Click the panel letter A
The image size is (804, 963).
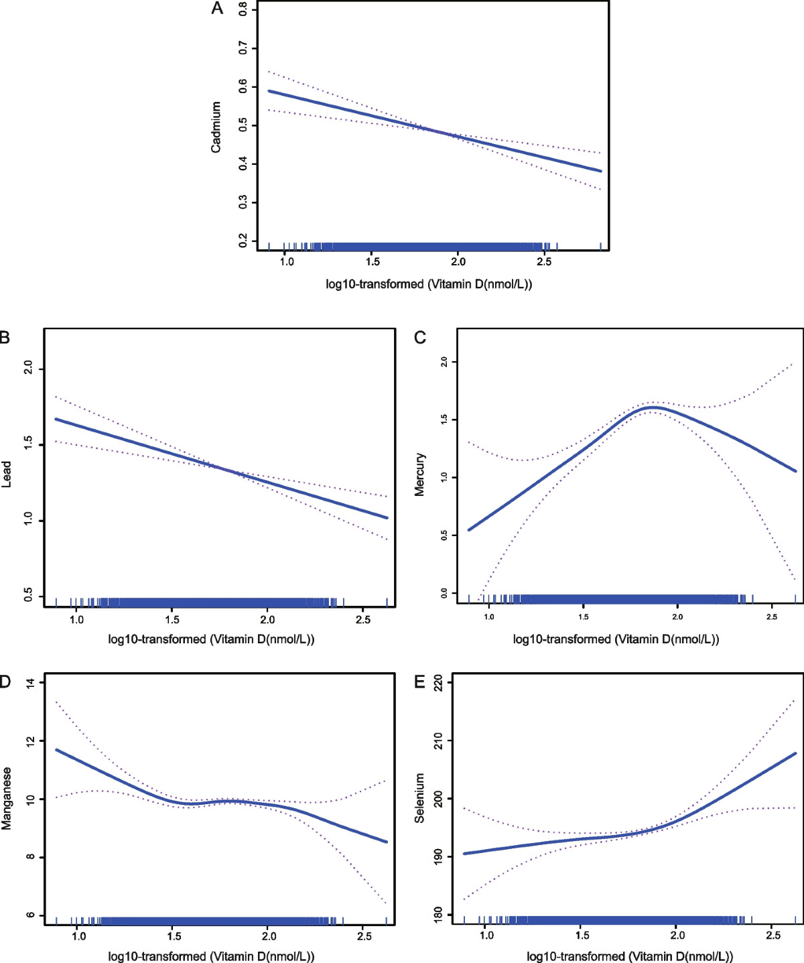point(217,9)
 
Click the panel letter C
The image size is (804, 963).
point(420,337)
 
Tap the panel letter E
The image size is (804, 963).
point(420,682)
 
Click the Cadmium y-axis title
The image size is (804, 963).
point(216,127)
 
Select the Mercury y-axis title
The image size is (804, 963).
point(420,474)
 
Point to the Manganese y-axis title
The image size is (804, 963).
point(7,798)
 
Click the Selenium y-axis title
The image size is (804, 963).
point(420,797)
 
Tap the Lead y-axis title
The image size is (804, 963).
point(7,474)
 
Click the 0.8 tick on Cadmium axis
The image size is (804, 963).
point(243,9)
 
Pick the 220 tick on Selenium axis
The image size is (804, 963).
point(438,683)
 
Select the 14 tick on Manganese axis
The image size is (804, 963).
point(30,683)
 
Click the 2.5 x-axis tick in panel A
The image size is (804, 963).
point(544,261)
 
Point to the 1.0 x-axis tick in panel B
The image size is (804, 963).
point(76,619)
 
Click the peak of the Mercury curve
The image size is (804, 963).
point(653,407)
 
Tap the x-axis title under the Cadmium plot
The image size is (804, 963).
point(429,284)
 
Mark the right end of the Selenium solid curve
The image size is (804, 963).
point(795,753)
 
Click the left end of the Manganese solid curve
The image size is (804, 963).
point(56,750)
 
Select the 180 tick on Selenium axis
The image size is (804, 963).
point(438,915)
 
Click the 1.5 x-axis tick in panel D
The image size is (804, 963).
point(174,936)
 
